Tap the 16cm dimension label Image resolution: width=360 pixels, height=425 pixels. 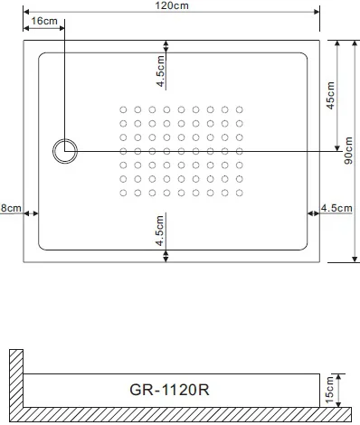(44, 20)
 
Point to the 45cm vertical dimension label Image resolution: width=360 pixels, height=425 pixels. (330, 95)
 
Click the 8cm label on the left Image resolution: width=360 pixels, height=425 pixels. (10, 208)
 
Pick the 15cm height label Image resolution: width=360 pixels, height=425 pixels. (330, 390)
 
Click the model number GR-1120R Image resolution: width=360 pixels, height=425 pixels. (172, 391)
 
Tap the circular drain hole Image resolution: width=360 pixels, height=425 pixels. (65, 151)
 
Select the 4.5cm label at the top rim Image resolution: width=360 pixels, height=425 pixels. (160, 71)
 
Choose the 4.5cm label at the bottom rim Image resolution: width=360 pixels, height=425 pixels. (160, 231)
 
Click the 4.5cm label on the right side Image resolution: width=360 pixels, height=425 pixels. (336, 208)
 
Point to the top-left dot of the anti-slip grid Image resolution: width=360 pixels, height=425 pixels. (123, 109)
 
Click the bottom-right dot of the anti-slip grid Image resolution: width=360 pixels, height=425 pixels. (239, 192)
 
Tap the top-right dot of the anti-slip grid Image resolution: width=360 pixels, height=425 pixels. (239, 109)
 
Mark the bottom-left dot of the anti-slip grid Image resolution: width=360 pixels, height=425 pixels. (123, 192)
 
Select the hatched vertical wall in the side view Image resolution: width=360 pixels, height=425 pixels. (14, 380)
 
